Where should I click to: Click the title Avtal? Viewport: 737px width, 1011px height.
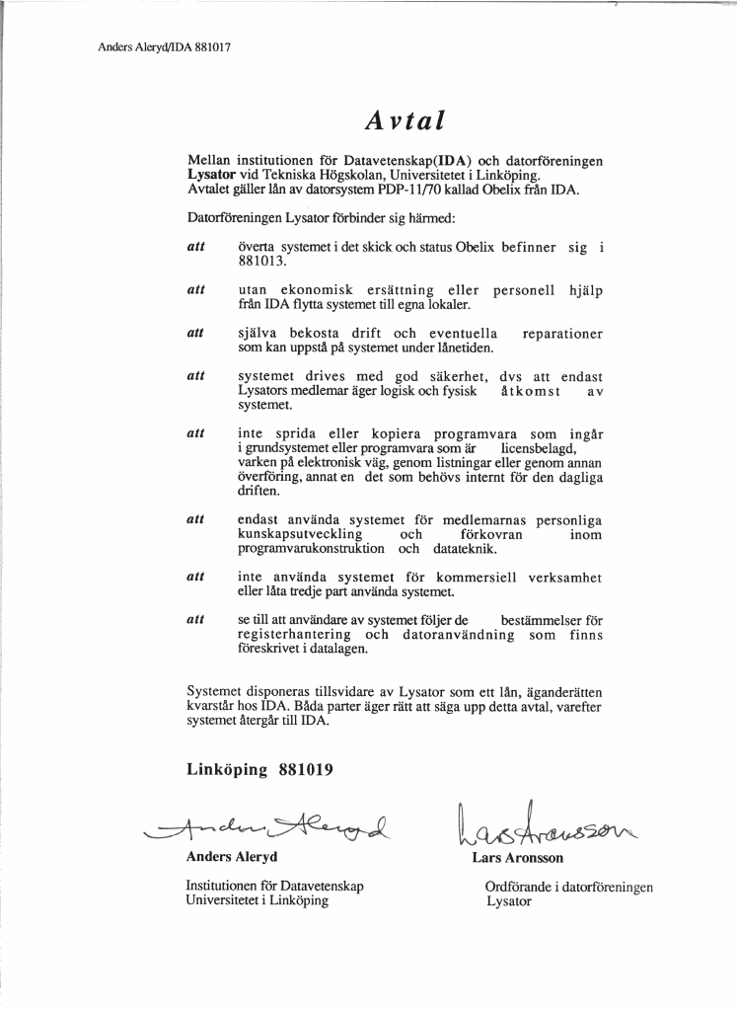pyautogui.click(x=405, y=120)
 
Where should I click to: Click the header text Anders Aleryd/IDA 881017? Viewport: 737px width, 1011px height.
pyautogui.click(x=165, y=46)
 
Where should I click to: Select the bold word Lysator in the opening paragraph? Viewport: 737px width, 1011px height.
pyautogui.click(x=212, y=174)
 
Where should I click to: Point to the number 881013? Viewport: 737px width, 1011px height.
pyautogui.click(x=261, y=263)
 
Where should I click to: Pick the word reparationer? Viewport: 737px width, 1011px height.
pyautogui.click(x=562, y=334)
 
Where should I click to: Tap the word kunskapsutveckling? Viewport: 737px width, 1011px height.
pyautogui.click(x=300, y=534)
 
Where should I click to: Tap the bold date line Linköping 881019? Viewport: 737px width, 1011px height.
pyautogui.click(x=259, y=770)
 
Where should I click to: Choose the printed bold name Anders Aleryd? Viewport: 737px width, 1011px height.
pyautogui.click(x=232, y=857)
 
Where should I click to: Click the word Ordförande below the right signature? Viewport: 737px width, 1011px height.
pyautogui.click(x=521, y=888)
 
